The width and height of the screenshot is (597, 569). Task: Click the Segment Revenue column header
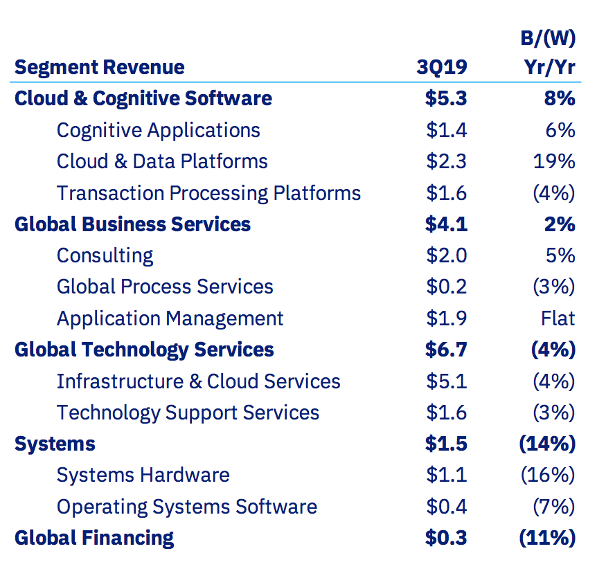(x=99, y=67)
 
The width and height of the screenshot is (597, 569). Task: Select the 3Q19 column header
(x=441, y=67)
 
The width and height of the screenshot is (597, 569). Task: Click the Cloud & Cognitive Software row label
(x=143, y=98)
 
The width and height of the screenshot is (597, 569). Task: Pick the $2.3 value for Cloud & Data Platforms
(x=446, y=161)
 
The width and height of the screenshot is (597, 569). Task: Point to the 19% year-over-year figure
(x=553, y=161)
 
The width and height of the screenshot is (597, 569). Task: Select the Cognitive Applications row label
(x=158, y=130)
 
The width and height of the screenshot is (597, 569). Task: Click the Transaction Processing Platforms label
(x=208, y=193)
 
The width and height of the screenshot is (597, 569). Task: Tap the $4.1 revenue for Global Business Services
(x=446, y=224)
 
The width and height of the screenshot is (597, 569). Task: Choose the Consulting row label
(x=105, y=255)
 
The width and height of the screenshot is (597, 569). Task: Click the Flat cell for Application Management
(x=558, y=318)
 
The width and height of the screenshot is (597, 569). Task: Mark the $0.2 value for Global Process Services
(x=446, y=287)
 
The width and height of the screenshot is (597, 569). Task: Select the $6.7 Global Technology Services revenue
(x=446, y=350)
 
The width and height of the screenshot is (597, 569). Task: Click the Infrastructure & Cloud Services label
(x=198, y=381)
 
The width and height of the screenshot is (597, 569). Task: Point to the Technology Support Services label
(x=188, y=413)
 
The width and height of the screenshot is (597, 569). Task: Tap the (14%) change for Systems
(x=547, y=444)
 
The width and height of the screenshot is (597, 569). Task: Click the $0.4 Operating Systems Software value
(x=446, y=507)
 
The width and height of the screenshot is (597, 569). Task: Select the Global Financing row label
(x=93, y=538)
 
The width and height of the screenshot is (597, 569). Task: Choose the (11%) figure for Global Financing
(x=547, y=538)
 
